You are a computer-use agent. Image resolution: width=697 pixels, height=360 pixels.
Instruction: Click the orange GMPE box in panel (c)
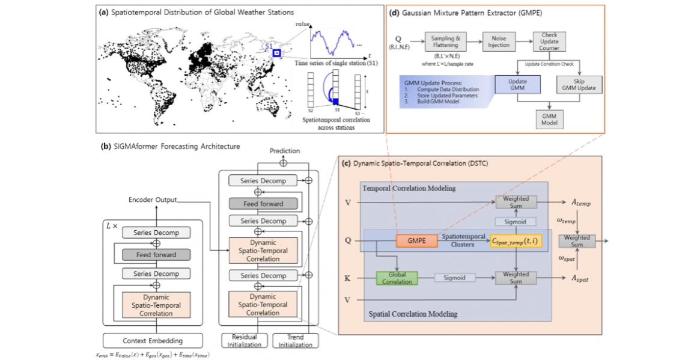(x=416, y=241)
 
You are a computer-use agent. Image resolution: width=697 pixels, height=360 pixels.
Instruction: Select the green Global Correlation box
(x=397, y=278)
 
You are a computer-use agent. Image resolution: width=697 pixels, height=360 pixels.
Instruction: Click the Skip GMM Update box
(x=578, y=84)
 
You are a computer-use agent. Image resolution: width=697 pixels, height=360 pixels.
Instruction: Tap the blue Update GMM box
(x=517, y=84)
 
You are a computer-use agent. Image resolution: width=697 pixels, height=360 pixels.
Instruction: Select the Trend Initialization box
(x=296, y=340)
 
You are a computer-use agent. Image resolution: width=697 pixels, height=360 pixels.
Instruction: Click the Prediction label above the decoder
(x=285, y=151)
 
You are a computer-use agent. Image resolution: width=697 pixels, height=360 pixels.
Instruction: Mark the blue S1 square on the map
(x=276, y=53)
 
